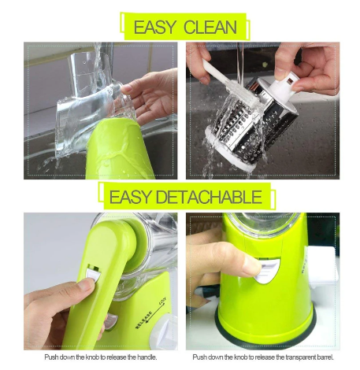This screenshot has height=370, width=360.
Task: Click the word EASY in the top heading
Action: pyautogui.click(x=154, y=28)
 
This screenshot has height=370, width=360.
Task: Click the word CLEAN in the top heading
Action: pyautogui.click(x=210, y=28)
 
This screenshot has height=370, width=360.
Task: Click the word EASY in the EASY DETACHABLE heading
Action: pyautogui.click(x=132, y=196)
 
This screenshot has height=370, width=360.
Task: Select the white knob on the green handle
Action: pyautogui.click(x=91, y=275)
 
